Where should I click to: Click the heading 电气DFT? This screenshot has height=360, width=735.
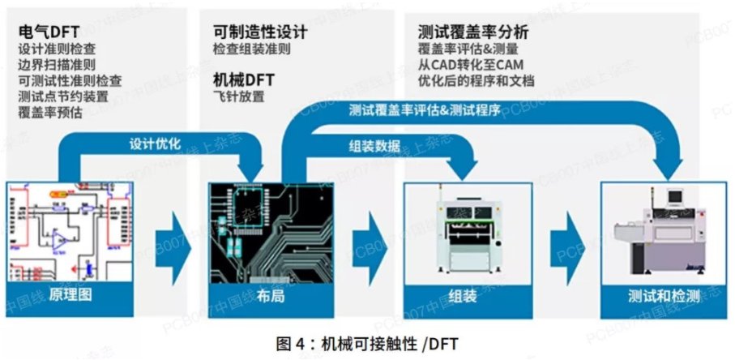pyautogui.click(x=49, y=32)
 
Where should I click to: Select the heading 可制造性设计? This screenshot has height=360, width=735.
pyautogui.click(x=260, y=32)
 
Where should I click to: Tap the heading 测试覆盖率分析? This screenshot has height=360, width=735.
pyautogui.click(x=473, y=32)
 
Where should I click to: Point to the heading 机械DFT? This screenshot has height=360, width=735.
pyautogui.click(x=244, y=79)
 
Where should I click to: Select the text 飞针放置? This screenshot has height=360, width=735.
pyautogui.click(x=238, y=96)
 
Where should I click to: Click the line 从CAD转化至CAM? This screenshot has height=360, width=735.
pyautogui.click(x=471, y=64)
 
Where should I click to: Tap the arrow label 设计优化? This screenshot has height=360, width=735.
pyautogui.click(x=155, y=145)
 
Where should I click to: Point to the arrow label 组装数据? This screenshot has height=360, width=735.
pyautogui.click(x=374, y=147)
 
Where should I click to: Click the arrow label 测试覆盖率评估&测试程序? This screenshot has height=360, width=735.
pyautogui.click(x=425, y=110)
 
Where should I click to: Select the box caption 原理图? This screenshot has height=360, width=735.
pyautogui.click(x=71, y=295)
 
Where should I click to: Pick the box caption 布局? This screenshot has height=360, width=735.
pyautogui.click(x=271, y=296)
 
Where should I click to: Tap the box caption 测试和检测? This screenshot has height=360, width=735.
pyautogui.click(x=664, y=296)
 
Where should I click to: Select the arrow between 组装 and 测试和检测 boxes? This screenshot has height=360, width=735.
pyautogui.click(x=567, y=248)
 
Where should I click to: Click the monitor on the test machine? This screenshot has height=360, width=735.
pyautogui.click(x=675, y=195)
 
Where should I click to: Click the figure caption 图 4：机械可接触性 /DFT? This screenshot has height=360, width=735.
pyautogui.click(x=367, y=345)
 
